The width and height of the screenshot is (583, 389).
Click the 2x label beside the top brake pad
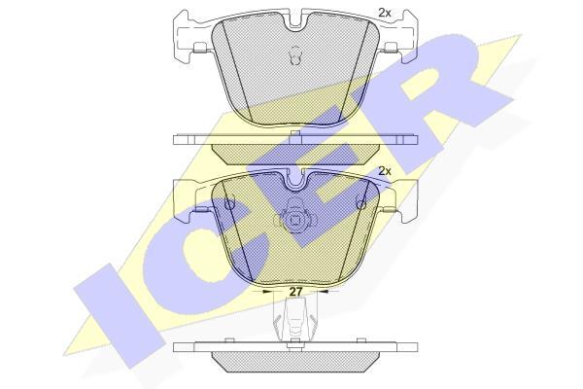pos(385,13)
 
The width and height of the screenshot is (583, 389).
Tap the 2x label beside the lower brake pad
pos(385,171)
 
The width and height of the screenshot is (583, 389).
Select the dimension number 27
pos(295,292)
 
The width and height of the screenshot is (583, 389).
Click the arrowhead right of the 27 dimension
pos(324,292)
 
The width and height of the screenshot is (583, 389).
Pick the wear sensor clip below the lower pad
pos(295,320)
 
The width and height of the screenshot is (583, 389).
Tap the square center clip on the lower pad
pos(295,221)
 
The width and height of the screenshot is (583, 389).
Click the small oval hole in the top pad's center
pos(295,55)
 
